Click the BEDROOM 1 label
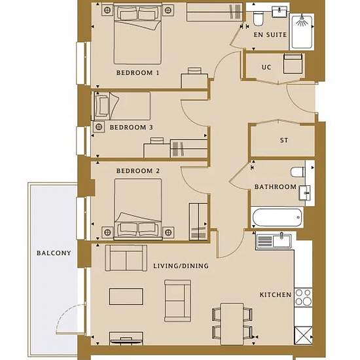coord(137,73)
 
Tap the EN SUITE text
coord(270,35)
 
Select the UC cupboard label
coord(266,67)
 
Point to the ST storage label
coord(284,140)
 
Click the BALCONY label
coord(54,253)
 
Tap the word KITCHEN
coord(276,295)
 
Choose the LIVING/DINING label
coord(181,266)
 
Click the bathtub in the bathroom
coord(277,217)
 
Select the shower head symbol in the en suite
coord(302,21)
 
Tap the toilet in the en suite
coord(259,19)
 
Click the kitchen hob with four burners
coord(303,297)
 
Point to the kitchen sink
coord(274,241)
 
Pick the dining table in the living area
coord(232,324)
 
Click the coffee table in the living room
coord(126,297)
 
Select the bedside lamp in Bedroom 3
coord(99,127)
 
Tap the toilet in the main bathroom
coord(298,172)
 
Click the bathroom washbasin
coord(304,193)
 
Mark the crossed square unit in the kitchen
coord(303,335)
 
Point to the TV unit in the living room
coord(126,338)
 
